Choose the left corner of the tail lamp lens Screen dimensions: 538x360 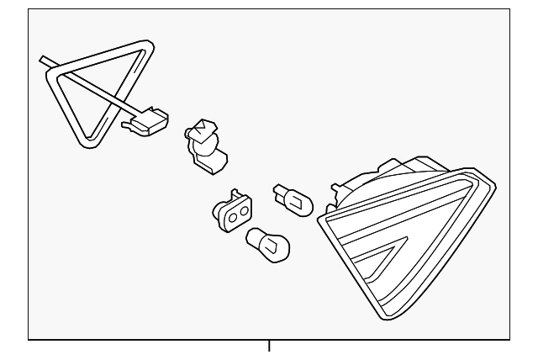click(320, 220)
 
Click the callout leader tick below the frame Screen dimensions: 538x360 click(269, 345)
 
